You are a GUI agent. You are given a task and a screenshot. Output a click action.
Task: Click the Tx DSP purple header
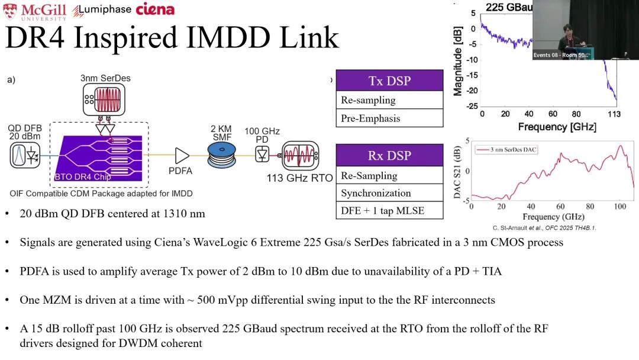(389, 81)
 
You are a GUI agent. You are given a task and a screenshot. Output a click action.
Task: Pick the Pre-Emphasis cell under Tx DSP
(389, 118)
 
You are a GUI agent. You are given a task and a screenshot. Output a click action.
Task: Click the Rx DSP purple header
(389, 155)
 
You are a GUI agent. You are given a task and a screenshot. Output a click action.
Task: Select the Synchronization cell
(389, 193)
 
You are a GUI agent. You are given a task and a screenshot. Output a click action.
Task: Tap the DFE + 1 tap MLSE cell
(389, 210)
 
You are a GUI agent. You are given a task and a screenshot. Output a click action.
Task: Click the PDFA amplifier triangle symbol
(182, 156)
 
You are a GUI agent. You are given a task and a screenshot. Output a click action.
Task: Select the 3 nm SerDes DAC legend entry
(506, 149)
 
